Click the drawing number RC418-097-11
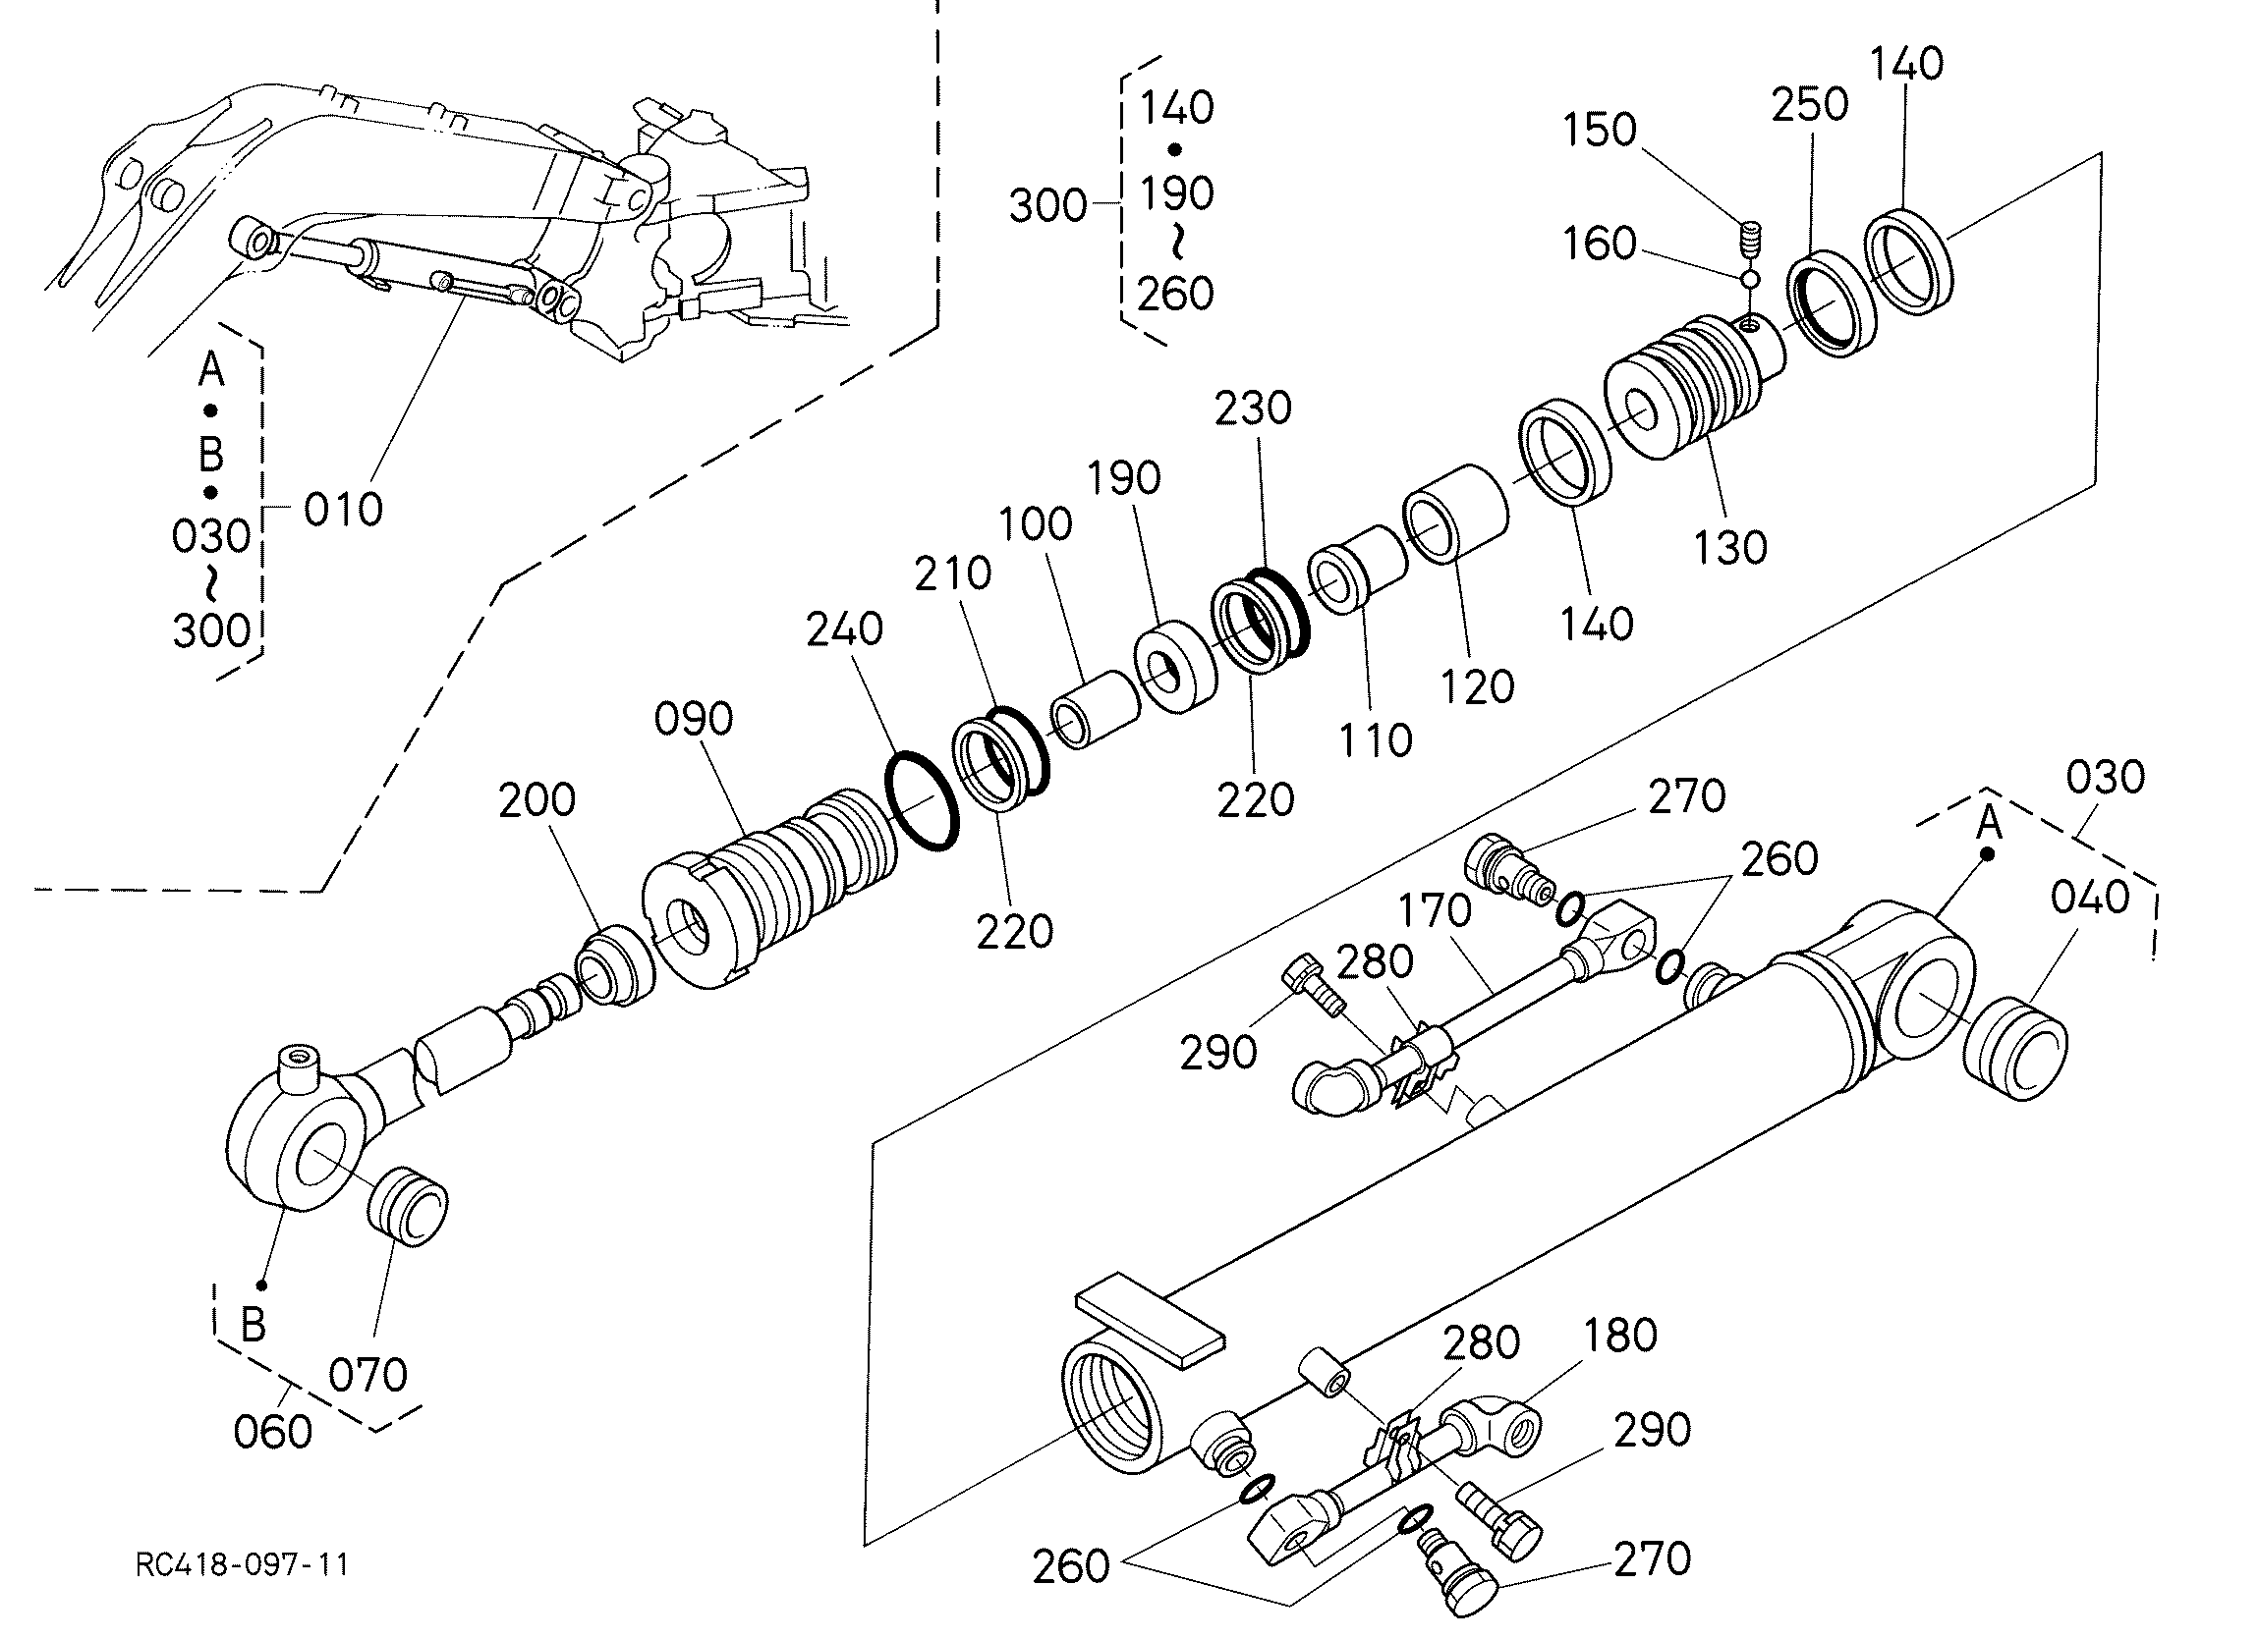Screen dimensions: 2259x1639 [242, 1564]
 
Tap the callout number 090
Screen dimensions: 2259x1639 [695, 718]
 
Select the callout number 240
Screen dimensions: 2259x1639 [845, 628]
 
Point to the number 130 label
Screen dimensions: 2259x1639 [1731, 547]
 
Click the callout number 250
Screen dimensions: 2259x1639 [1810, 103]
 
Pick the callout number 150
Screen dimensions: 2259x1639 [1600, 130]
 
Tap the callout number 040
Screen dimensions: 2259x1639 [2090, 898]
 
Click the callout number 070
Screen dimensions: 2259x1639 [368, 1375]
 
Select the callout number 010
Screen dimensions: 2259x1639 [344, 510]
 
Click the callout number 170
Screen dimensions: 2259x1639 [1435, 910]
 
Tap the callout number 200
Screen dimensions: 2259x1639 [537, 799]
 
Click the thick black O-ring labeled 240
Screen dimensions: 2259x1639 [923, 801]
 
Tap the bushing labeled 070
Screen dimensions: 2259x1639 [408, 1205]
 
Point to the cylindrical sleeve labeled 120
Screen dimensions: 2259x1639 [1456, 514]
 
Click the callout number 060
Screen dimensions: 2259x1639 [273, 1432]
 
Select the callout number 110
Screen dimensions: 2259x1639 [1376, 739]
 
